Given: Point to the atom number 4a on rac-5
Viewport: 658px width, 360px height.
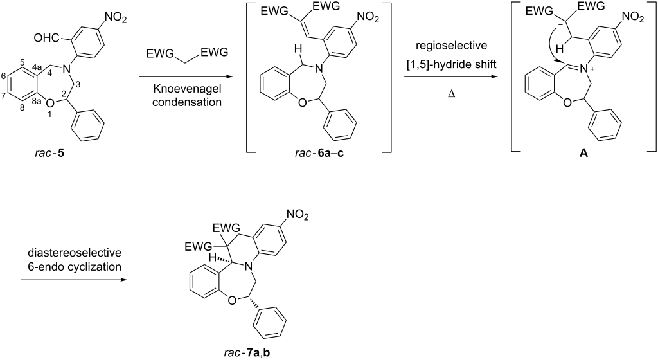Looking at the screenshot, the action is coord(36,66).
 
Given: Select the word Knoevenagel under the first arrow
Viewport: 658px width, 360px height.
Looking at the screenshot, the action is coord(187,89).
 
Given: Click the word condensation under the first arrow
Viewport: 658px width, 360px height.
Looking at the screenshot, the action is coord(187,102).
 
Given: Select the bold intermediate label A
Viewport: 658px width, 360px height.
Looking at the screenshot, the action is coord(583,153).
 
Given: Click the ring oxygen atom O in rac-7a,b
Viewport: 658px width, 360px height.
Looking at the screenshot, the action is coord(230,299).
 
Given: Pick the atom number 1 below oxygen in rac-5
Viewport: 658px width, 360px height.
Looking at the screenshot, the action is coord(49,114).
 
